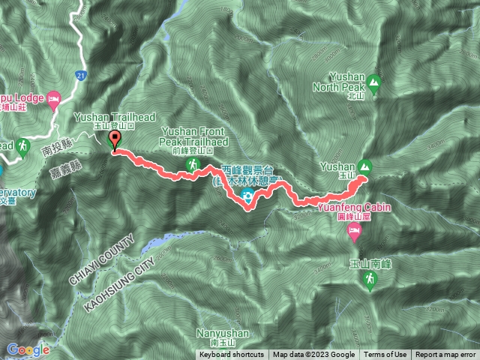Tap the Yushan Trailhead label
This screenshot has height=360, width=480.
tap(105, 118)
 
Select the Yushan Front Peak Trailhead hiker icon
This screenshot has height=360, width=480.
tap(190, 163)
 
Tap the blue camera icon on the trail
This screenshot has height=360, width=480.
tap(247, 196)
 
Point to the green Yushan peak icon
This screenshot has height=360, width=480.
tap(365, 166)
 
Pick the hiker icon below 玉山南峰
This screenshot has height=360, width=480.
tap(368, 280)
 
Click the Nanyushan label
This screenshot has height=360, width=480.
tap(219, 331)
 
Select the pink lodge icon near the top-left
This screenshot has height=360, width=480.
tap(53, 98)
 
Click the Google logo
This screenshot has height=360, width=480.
tap(28, 349)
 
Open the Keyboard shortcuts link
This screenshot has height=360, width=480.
tap(232, 355)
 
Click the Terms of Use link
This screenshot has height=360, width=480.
tap(385, 355)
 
